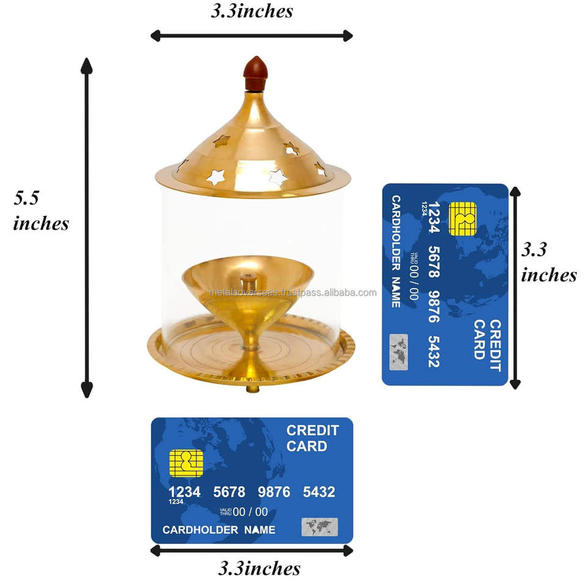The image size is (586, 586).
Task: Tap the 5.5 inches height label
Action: click(x=41, y=210)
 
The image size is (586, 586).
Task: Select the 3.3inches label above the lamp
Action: click(x=251, y=11)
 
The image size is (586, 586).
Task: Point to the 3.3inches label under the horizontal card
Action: click(x=259, y=568)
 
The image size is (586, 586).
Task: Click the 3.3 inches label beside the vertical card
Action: click(x=548, y=262)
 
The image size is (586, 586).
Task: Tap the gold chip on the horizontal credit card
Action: click(x=186, y=464)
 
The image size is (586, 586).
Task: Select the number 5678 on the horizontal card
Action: click(x=229, y=492)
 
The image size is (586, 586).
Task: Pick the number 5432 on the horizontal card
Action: click(x=319, y=492)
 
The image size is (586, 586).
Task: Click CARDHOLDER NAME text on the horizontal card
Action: click(x=219, y=530)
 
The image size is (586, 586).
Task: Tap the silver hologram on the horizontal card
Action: click(x=319, y=527)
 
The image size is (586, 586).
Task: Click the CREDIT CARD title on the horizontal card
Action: click(x=307, y=438)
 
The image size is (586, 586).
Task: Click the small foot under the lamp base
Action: click(x=252, y=389)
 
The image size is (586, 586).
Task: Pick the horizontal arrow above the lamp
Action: click(x=251, y=35)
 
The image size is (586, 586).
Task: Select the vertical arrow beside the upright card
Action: click(x=515, y=288)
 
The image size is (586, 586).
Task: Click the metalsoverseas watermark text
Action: click(x=293, y=292)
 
